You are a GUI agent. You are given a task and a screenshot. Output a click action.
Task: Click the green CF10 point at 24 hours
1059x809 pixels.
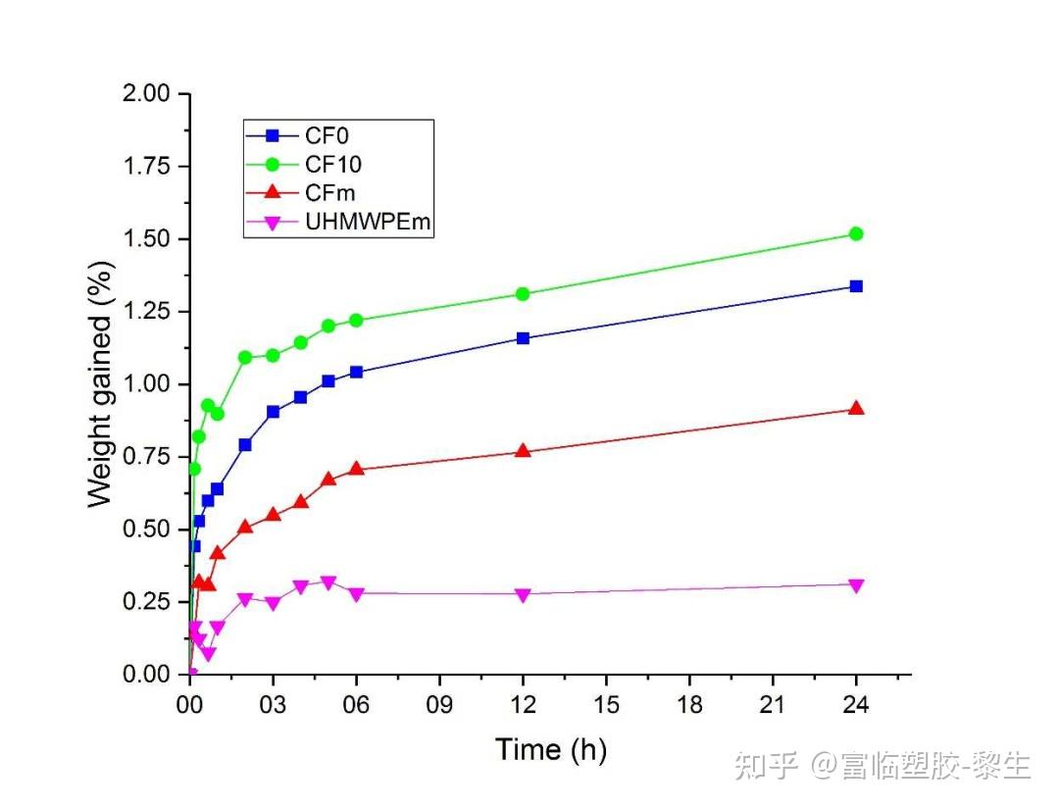856,233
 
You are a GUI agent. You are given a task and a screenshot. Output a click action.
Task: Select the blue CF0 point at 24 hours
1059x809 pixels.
856,286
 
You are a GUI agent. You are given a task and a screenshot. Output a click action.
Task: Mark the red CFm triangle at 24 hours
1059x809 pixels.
856,408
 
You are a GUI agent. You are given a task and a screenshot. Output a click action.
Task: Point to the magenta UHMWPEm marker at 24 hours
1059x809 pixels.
856,585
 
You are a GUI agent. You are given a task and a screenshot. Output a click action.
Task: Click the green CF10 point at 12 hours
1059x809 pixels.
523,294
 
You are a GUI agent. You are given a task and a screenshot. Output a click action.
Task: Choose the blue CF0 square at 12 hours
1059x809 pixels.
523,338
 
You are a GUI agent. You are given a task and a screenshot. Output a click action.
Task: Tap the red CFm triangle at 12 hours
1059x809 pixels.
523,451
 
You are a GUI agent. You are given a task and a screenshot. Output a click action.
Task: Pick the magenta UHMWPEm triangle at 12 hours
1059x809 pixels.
523,595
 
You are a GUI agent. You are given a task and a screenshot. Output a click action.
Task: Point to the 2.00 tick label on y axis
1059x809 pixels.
145,94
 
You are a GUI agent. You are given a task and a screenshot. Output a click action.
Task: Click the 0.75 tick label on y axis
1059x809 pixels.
145,457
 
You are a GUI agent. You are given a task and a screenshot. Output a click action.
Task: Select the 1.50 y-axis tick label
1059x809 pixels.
145,239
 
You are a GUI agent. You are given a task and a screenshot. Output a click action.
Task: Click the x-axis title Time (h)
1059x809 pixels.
551,750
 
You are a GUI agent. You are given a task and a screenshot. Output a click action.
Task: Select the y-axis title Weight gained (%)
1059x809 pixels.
100,383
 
